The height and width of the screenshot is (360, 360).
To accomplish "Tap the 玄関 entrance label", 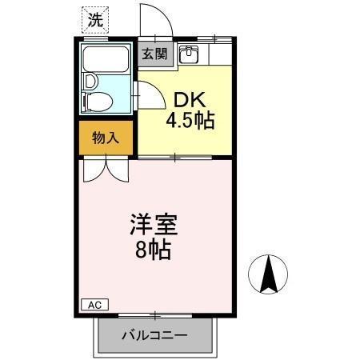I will click(x=155, y=54).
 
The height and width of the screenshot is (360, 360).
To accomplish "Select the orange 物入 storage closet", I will click(x=106, y=137).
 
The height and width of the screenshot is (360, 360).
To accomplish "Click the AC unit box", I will click(x=94, y=305).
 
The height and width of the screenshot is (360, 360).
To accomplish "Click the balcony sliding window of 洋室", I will click(x=156, y=314).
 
